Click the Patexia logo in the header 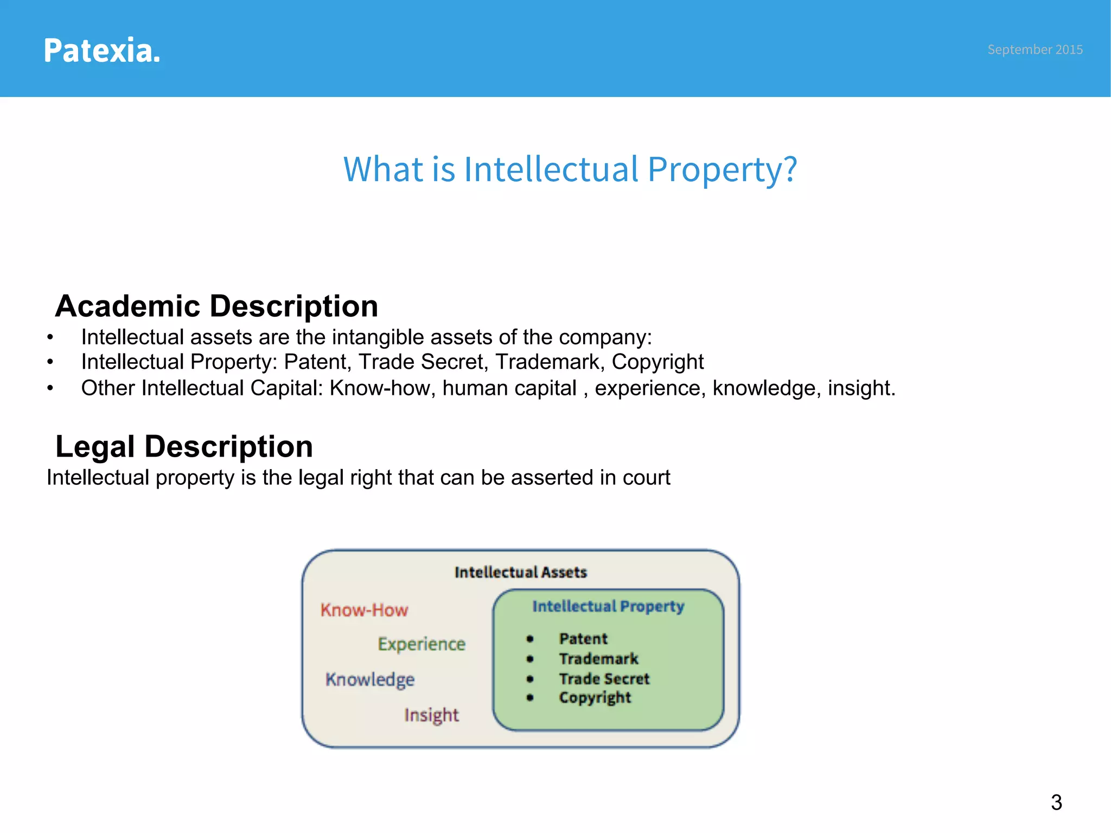click(102, 50)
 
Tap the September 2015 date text click(1035, 49)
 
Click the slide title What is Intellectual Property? click(570, 169)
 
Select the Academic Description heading click(216, 306)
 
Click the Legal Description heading click(184, 446)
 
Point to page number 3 click(1056, 802)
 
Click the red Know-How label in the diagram click(364, 610)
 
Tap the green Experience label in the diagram click(422, 644)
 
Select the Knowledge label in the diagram click(370, 680)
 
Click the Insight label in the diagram click(431, 715)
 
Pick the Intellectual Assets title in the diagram click(520, 572)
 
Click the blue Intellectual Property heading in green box click(608, 606)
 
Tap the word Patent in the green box click(583, 638)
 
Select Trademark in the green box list click(598, 658)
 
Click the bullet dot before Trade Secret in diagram click(530, 678)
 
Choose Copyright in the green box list click(595, 697)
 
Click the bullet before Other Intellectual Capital click(50, 388)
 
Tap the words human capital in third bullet click(509, 388)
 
